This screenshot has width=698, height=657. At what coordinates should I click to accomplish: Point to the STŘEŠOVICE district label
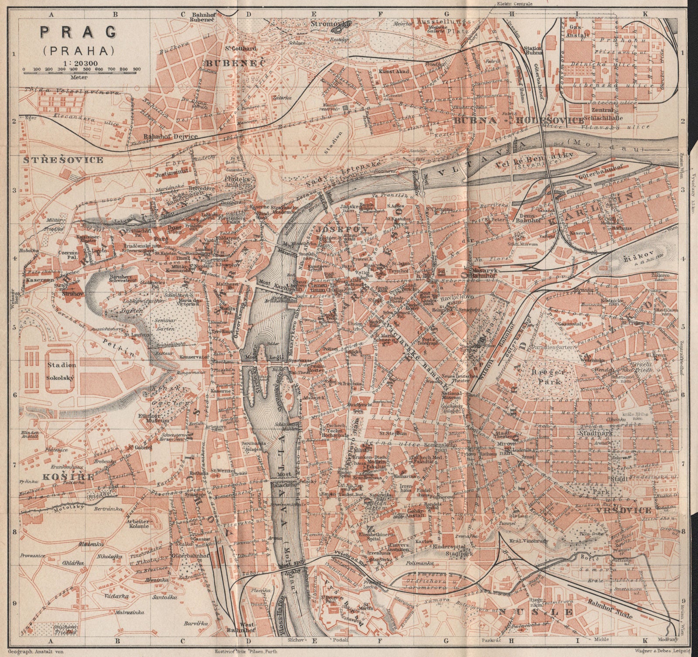(x=64, y=160)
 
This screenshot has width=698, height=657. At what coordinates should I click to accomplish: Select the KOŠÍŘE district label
(x=68, y=476)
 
